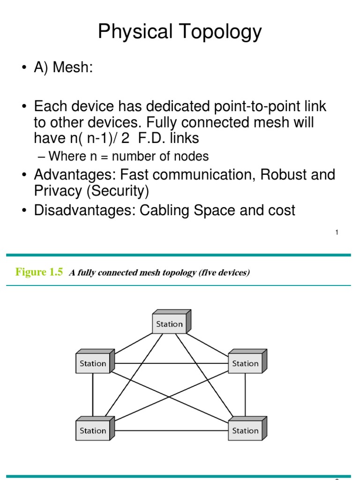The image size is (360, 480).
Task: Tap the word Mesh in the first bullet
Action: pyautogui.click(x=72, y=67)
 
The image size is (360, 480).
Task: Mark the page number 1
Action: pyautogui.click(x=337, y=232)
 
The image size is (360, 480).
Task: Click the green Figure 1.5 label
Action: pyautogui.click(x=39, y=272)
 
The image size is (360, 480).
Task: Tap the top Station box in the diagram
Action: pyautogui.click(x=169, y=324)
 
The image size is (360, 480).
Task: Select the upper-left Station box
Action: pyautogui.click(x=93, y=363)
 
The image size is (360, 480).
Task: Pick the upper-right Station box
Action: pyautogui.click(x=245, y=363)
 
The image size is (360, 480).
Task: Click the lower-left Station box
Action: pyautogui.click(x=93, y=431)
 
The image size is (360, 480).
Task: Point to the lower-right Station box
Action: pyautogui.click(x=245, y=431)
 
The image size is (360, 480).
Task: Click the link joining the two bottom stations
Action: pyautogui.click(x=169, y=431)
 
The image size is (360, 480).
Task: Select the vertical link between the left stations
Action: pyautogui.click(x=93, y=397)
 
